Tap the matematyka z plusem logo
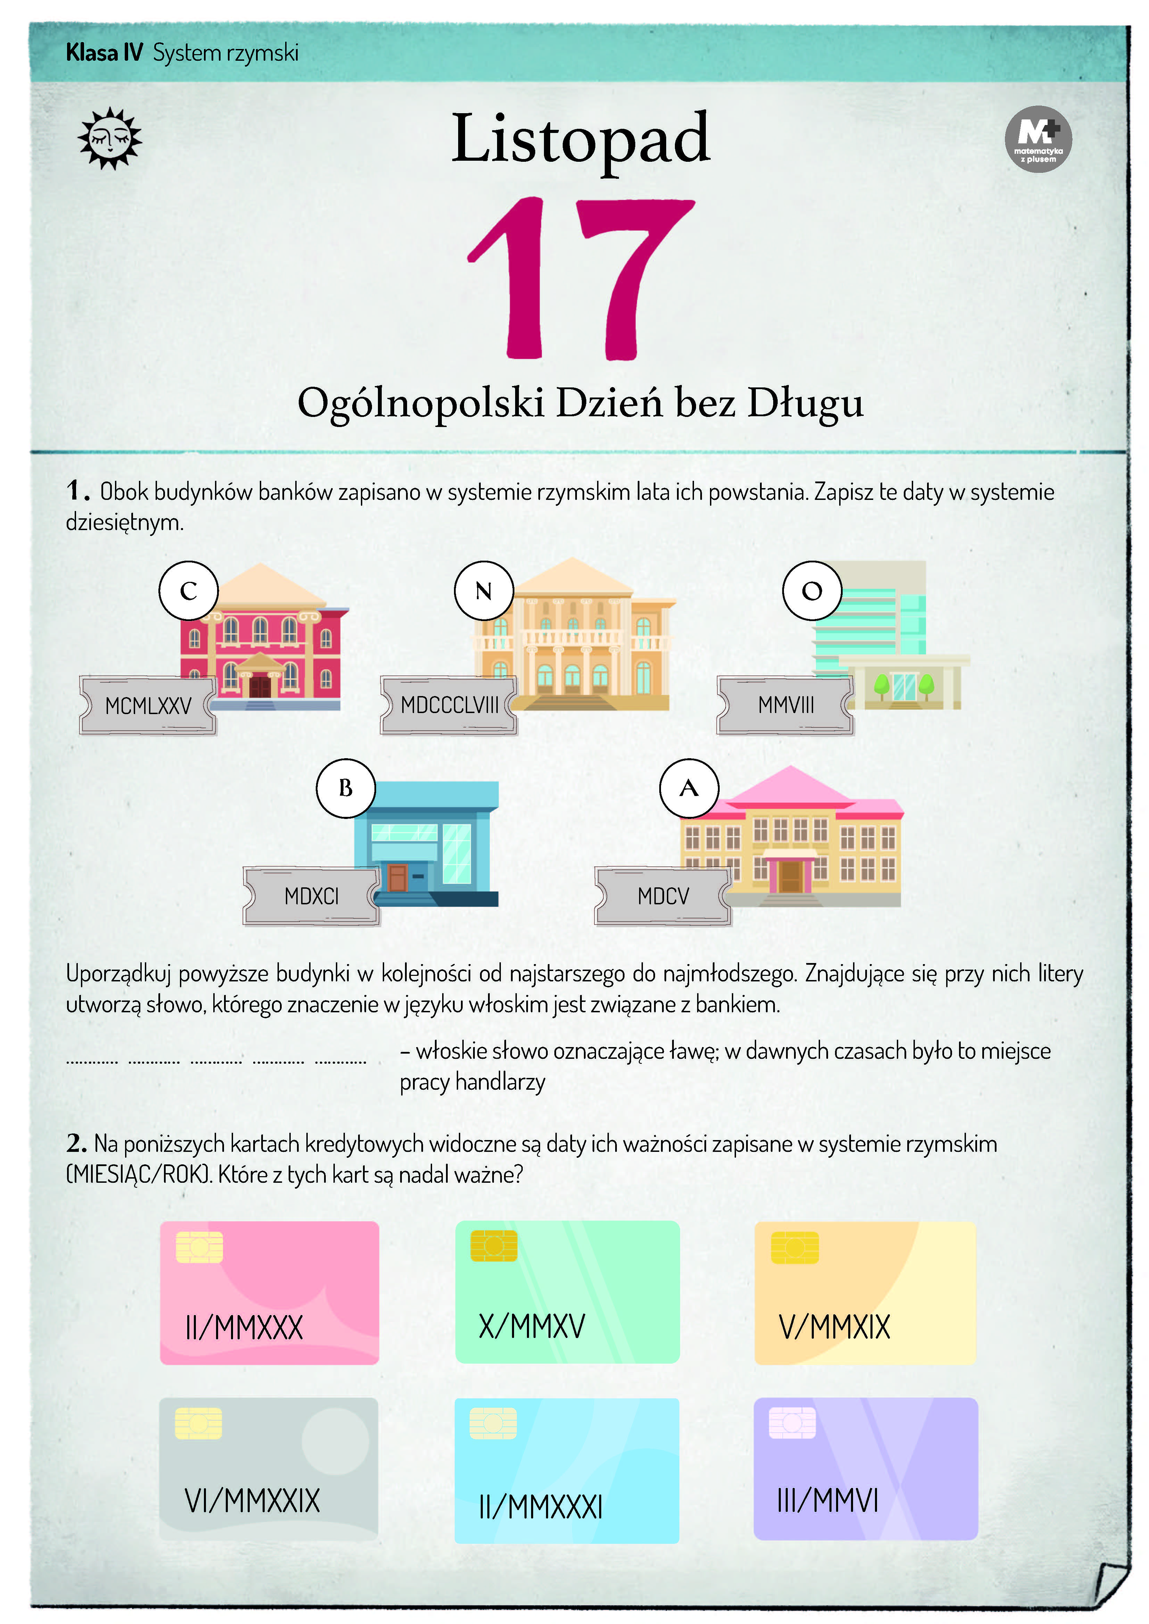pyautogui.click(x=1038, y=139)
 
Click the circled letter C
pyautogui.click(x=188, y=591)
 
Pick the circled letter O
pyautogui.click(x=812, y=591)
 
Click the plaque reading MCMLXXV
pyautogui.click(x=148, y=705)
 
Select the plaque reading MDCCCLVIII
pyautogui.click(x=449, y=705)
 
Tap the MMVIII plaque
pyautogui.click(x=785, y=705)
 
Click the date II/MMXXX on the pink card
pyautogui.click(x=244, y=1328)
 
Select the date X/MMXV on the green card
pyautogui.click(x=532, y=1326)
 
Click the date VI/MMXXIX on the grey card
pyautogui.click(x=252, y=1500)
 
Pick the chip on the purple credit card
pyautogui.click(x=792, y=1422)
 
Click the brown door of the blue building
pyautogui.click(x=398, y=878)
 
